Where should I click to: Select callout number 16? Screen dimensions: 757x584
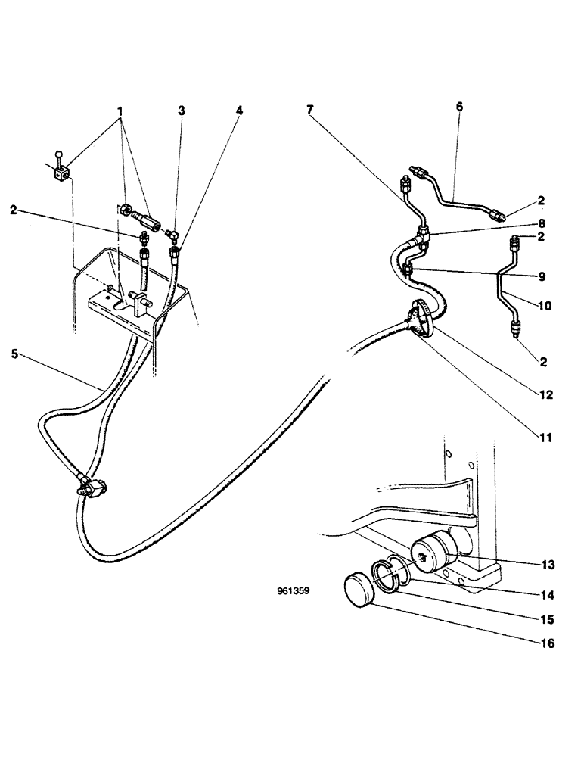click(548, 644)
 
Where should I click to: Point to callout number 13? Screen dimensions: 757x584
click(548, 565)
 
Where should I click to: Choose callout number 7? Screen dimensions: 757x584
click(311, 109)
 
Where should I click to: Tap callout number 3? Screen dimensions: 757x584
click(181, 111)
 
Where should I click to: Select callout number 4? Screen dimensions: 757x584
click(239, 111)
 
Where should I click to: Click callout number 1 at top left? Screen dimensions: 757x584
click(119, 111)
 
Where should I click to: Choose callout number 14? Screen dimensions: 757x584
click(548, 592)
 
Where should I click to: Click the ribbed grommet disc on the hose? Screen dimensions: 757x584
click(419, 319)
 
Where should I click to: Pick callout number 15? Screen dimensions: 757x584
click(548, 618)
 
